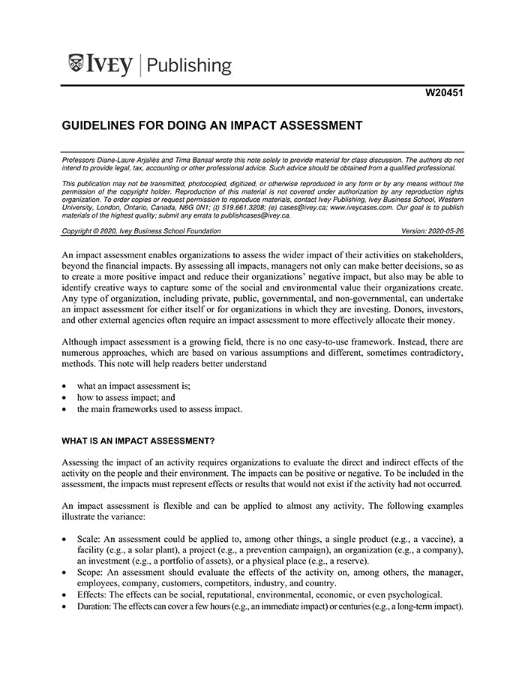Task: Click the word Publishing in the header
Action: tap(189, 65)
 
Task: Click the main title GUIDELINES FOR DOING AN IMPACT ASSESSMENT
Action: tap(212, 125)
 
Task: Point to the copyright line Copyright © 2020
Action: tap(141, 231)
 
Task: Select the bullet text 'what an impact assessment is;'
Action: tap(133, 386)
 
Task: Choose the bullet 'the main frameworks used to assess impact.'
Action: tap(160, 409)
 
